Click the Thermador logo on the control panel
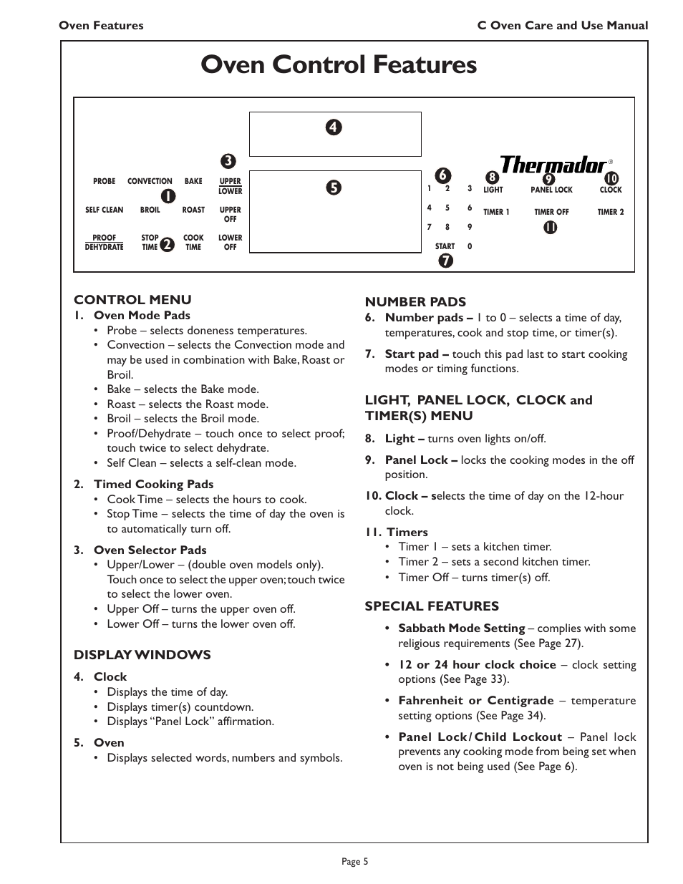[x=553, y=165]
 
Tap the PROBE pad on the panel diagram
[x=104, y=182]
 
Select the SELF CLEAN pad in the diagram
[x=104, y=210]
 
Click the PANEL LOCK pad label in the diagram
[x=551, y=190]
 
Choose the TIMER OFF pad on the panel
[x=551, y=213]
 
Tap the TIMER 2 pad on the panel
[x=611, y=213]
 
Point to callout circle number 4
[x=334, y=128]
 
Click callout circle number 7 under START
[x=445, y=261]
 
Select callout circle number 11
[x=550, y=228]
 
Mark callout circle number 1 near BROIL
[x=167, y=195]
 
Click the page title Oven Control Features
[x=339, y=65]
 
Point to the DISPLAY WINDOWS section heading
[x=142, y=655]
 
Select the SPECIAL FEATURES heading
[x=432, y=606]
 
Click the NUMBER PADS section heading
[x=415, y=302]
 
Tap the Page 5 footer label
[x=355, y=862]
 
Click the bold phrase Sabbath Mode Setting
[x=461, y=628]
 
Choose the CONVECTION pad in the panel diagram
[x=150, y=182]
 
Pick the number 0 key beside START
[x=470, y=247]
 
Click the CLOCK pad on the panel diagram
[x=611, y=190]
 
